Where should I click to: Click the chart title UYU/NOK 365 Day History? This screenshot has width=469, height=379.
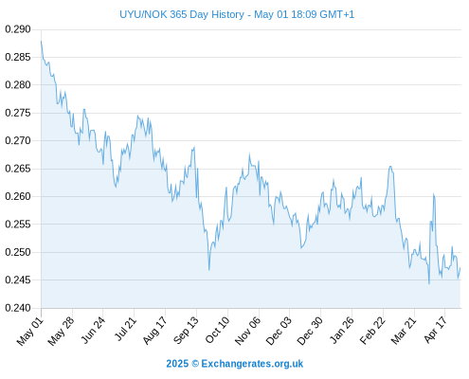(x=182, y=14)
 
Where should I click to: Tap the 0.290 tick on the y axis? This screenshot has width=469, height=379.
(x=18, y=29)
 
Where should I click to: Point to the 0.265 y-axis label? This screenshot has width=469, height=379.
(x=18, y=169)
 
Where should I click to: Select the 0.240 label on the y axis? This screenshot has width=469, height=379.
(x=18, y=308)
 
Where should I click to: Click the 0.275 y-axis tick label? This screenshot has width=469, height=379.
(x=18, y=113)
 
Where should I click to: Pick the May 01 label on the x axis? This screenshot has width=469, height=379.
(x=30, y=332)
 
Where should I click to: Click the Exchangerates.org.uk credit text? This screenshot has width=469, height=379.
(x=252, y=364)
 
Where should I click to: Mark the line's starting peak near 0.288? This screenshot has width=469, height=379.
(x=41, y=41)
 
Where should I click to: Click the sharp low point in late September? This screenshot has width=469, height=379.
(x=209, y=270)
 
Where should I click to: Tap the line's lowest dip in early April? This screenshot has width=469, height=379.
(x=429, y=283)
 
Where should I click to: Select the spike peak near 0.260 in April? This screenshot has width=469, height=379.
(x=434, y=194)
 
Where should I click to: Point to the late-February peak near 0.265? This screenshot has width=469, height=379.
(x=390, y=166)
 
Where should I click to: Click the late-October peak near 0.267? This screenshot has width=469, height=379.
(x=249, y=154)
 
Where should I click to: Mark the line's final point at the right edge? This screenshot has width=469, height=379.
(x=460, y=268)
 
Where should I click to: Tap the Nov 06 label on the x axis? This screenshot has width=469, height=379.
(x=248, y=331)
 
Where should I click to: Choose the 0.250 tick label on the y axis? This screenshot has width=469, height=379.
(x=18, y=252)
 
